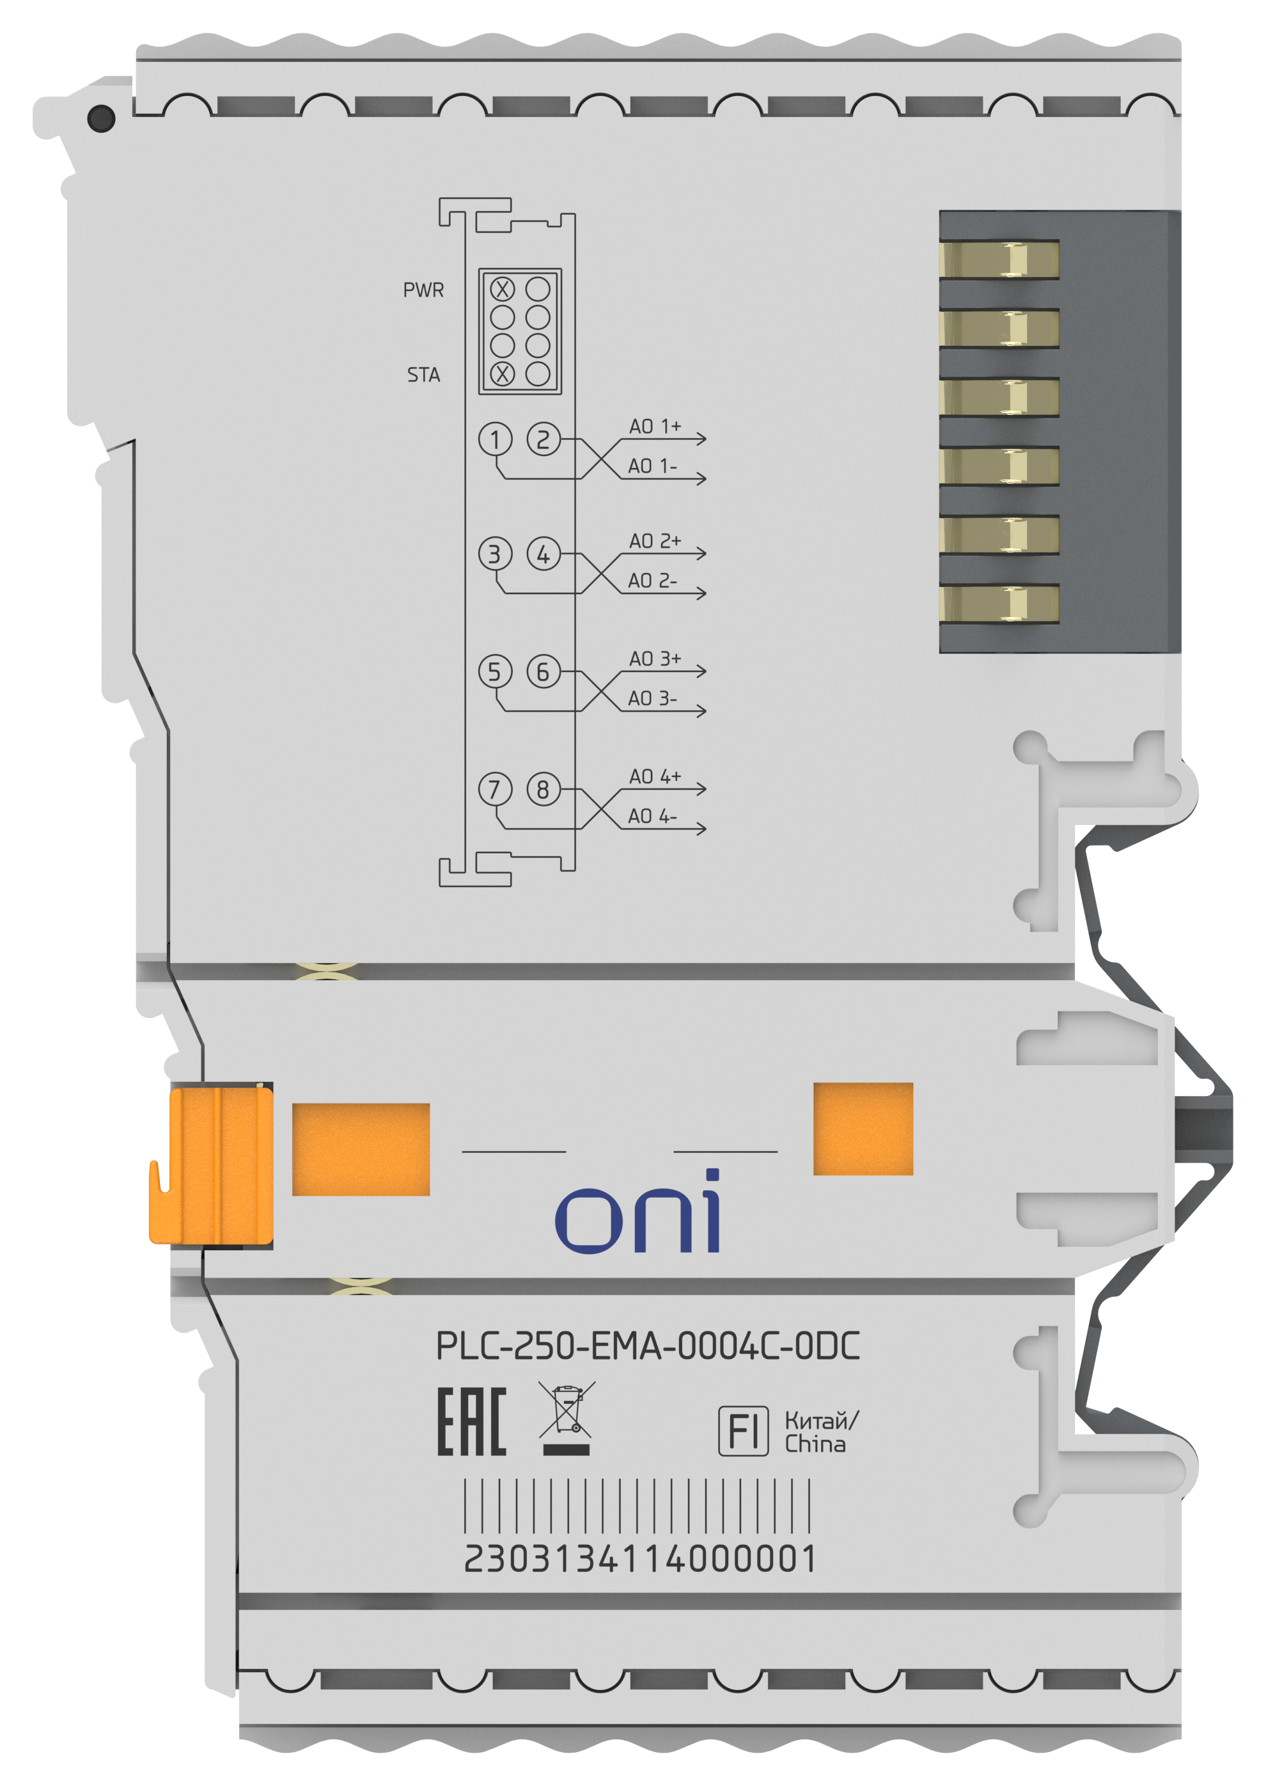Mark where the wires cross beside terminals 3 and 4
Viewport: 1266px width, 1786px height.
pyautogui.click(x=600, y=574)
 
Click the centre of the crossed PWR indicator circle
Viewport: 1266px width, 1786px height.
pyautogui.click(x=502, y=289)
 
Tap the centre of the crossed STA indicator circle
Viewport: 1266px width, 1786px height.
pyautogui.click(x=502, y=374)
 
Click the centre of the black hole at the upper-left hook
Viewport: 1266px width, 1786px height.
pyautogui.click(x=101, y=118)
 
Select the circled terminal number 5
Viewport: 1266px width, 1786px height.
pyautogui.click(x=495, y=671)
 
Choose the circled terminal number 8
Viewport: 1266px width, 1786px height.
pyautogui.click(x=543, y=789)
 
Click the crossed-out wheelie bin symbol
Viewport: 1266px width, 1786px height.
pyautogui.click(x=567, y=1418)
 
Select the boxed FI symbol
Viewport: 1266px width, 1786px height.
pyautogui.click(x=743, y=1430)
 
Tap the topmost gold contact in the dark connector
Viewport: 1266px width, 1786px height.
pyautogui.click(x=999, y=260)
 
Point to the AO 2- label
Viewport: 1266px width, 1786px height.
pyautogui.click(x=652, y=581)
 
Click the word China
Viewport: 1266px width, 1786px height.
pyautogui.click(x=815, y=1445)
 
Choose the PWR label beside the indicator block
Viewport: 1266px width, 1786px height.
pyautogui.click(x=423, y=290)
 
